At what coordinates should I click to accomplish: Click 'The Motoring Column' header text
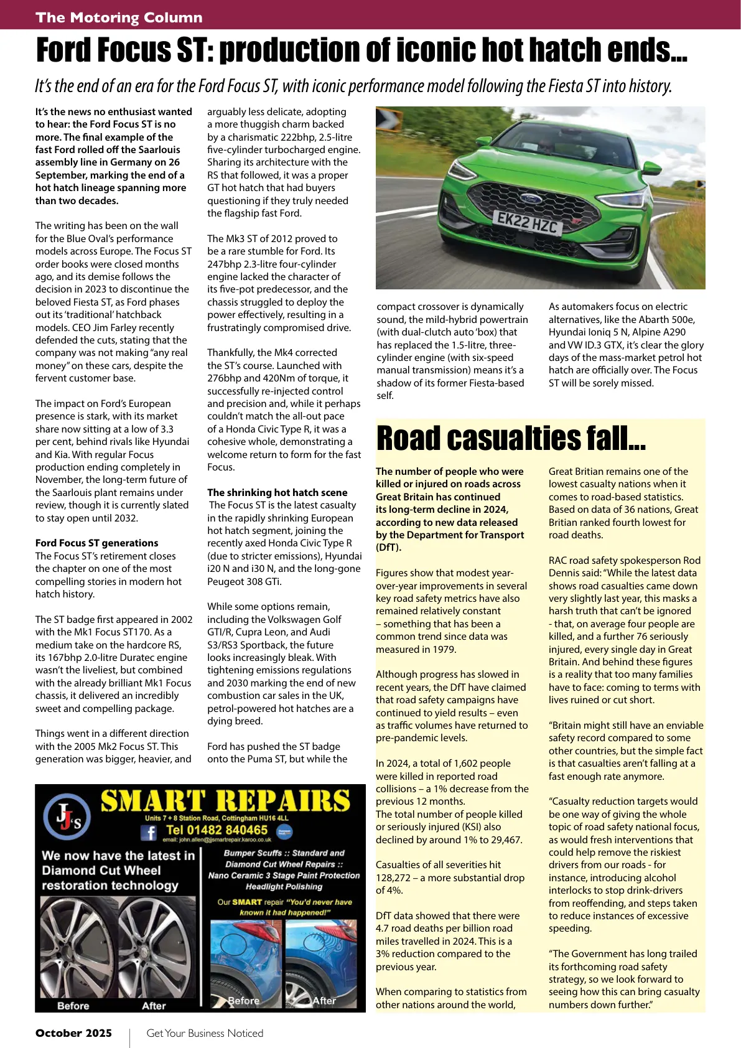119,17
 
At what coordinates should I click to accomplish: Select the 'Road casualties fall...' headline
511,438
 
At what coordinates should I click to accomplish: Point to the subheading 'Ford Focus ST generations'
96,543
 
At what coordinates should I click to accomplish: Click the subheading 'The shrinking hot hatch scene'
277,492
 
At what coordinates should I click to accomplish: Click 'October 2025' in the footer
73,1033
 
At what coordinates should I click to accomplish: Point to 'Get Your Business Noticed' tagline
205,1033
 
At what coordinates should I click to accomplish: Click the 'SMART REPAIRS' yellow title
225,801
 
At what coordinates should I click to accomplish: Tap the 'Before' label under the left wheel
73,1006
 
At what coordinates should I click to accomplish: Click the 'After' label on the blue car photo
324,1001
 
